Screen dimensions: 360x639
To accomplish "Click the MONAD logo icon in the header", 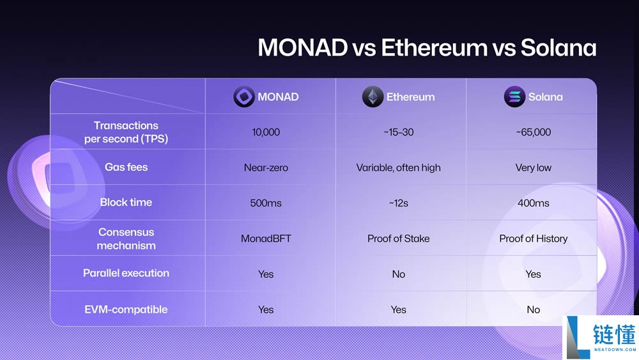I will pyautogui.click(x=243, y=97).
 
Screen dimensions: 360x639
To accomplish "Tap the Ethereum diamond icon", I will pyautogui.click(x=373, y=97).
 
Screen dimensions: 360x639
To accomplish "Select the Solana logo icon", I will pyautogui.click(x=514, y=97).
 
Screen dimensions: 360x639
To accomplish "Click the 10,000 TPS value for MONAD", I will pyautogui.click(x=266, y=132).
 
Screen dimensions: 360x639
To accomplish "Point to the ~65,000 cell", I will pyautogui.click(x=533, y=132).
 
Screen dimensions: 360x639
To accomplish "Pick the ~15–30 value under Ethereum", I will pyautogui.click(x=398, y=132).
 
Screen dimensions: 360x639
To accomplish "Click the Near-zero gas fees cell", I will pyautogui.click(x=266, y=168).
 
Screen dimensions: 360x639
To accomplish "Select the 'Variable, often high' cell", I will pyautogui.click(x=398, y=168).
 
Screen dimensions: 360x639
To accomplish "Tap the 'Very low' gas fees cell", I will pyautogui.click(x=533, y=168).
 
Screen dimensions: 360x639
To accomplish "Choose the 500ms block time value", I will pyautogui.click(x=266, y=203).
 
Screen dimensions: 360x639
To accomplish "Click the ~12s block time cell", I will pyautogui.click(x=398, y=203).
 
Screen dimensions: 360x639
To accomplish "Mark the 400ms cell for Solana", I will pyautogui.click(x=533, y=203).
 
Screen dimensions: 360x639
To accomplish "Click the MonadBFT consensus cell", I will pyautogui.click(x=266, y=239).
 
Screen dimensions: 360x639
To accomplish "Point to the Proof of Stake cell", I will pyautogui.click(x=398, y=239).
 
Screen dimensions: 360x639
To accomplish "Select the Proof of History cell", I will pyautogui.click(x=533, y=239).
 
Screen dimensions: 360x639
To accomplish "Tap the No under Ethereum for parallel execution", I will pyautogui.click(x=398, y=274).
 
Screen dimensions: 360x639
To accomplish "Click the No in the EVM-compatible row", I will pyautogui.click(x=533, y=309).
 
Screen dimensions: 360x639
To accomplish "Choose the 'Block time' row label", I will pyautogui.click(x=126, y=202).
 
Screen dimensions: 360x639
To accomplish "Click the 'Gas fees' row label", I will pyautogui.click(x=126, y=167).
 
